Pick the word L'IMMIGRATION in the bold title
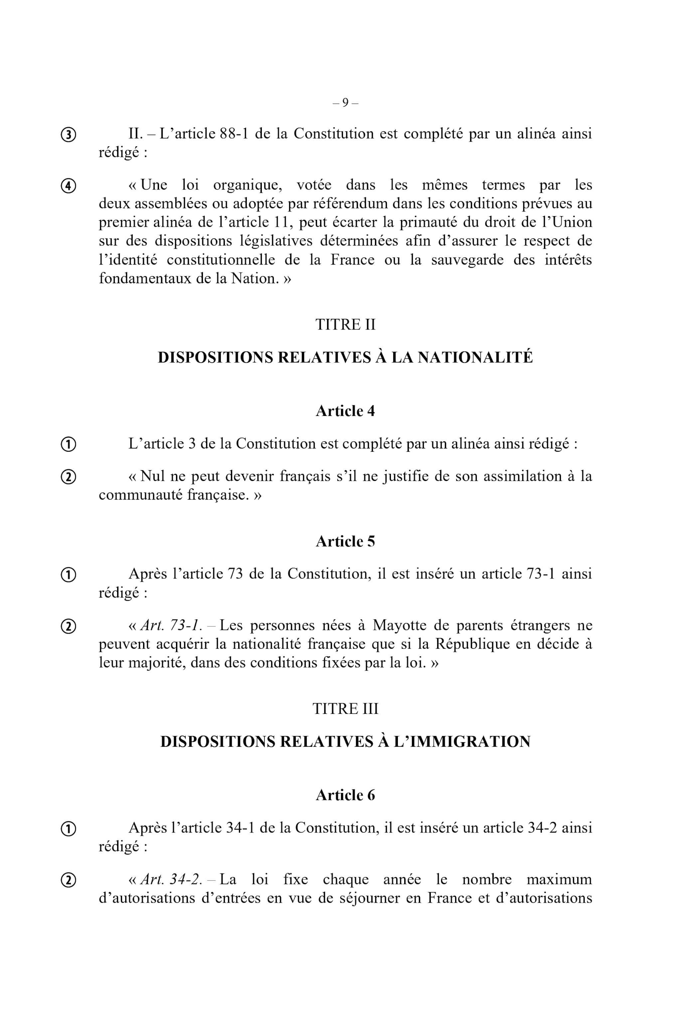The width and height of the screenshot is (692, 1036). (x=462, y=741)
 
